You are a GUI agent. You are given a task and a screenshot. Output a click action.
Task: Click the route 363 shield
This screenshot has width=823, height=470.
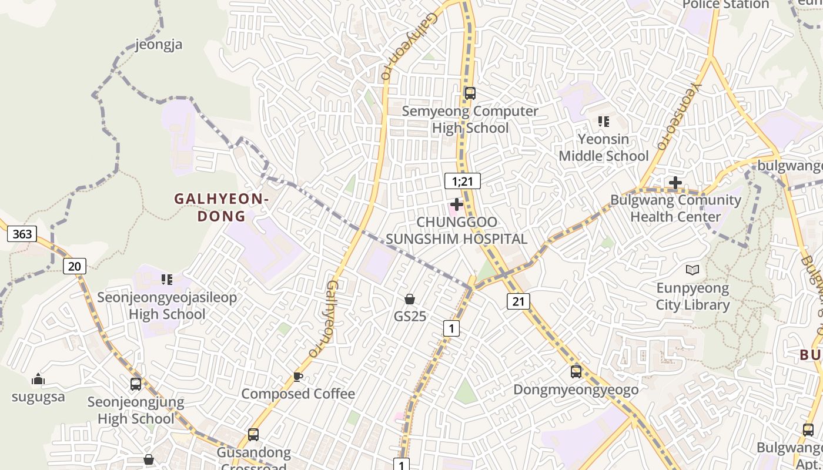coord(22,234)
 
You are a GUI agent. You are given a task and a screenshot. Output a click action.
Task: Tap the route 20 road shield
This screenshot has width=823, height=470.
coord(75,266)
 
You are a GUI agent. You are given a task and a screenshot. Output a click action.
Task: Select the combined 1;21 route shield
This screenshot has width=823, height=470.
coord(463,181)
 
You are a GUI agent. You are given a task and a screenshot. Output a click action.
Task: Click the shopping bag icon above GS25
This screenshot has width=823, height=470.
coord(410,300)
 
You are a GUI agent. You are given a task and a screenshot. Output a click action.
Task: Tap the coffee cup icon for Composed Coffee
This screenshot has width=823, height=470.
coord(298,377)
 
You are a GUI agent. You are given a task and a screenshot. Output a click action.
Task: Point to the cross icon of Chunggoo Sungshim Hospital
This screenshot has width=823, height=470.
coord(456,204)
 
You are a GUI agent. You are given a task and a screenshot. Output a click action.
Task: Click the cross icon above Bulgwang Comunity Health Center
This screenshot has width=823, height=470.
coord(675,183)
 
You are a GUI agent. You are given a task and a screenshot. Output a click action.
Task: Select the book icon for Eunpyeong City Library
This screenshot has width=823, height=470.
coord(693,270)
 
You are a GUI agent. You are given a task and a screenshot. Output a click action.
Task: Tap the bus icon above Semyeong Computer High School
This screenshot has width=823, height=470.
coord(470,93)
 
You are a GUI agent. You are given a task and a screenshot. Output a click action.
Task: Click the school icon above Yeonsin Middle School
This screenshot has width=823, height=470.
coord(604,122)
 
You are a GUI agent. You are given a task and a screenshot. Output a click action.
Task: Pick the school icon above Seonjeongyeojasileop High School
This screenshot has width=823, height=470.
coord(167,280)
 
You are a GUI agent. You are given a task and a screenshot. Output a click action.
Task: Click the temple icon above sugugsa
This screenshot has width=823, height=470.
coord(38,379)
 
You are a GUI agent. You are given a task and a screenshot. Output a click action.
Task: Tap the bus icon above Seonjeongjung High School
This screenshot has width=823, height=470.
coord(136,384)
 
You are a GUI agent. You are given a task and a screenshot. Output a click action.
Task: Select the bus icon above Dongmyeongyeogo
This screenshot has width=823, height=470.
coord(576,371)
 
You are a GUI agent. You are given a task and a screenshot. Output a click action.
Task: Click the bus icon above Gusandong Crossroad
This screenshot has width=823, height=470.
coord(253,435)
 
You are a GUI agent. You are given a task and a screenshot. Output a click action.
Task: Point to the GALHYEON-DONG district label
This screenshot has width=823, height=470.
coord(222,207)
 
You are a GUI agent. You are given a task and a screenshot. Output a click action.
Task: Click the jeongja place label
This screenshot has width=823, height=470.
coord(159,45)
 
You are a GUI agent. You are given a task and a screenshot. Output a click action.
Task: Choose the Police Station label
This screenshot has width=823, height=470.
coord(725,5)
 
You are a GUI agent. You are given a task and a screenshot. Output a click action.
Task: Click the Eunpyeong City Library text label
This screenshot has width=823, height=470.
coord(692,297)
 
